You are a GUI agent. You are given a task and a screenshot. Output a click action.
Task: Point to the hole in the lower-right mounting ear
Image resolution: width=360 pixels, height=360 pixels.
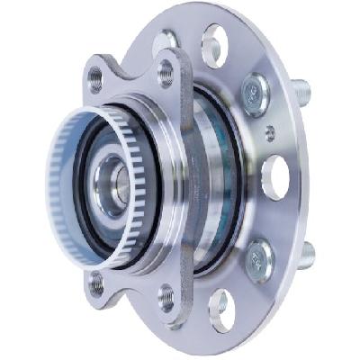(166, 294)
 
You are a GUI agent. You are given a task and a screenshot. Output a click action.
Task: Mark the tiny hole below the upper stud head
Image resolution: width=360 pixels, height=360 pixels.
(271, 132)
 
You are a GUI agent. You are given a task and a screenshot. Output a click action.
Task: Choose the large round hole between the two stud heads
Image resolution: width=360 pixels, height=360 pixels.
(274, 175)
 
